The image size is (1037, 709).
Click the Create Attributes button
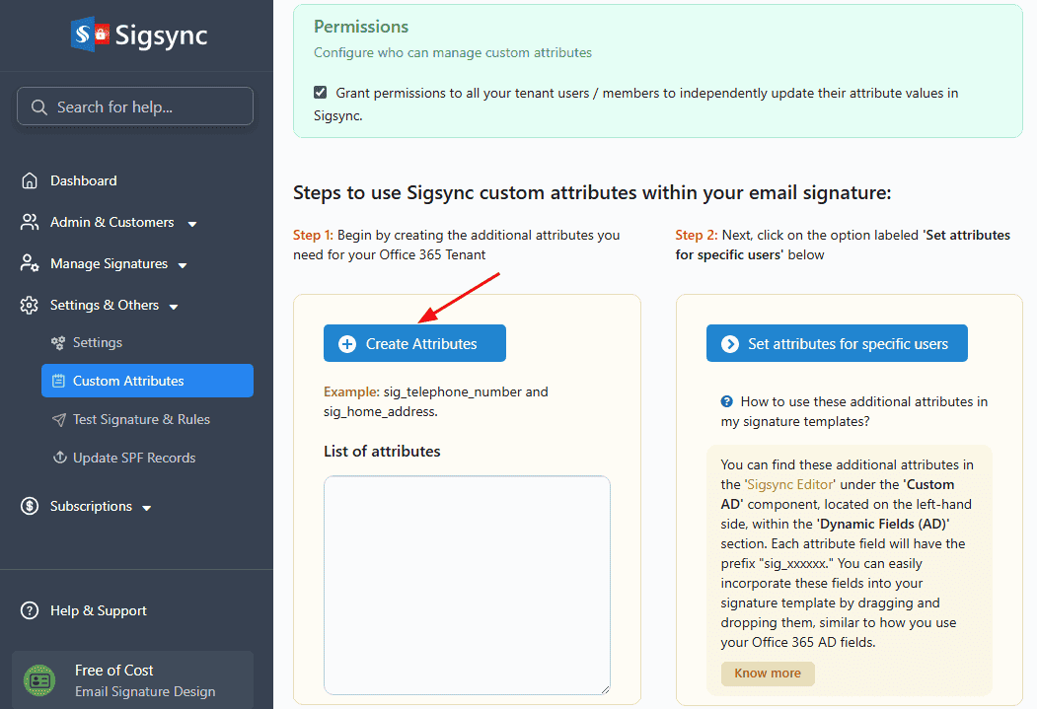pyautogui.click(x=414, y=343)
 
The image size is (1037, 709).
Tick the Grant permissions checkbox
pyautogui.click(x=320, y=93)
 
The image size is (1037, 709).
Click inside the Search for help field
pyautogui.click(x=135, y=106)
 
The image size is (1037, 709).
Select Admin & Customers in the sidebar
pyautogui.click(x=109, y=223)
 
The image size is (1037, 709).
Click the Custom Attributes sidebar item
pyautogui.click(x=147, y=381)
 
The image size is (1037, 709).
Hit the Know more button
pyautogui.click(x=768, y=674)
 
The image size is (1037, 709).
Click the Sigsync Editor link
pyautogui.click(x=790, y=484)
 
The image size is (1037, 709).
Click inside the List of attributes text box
pyautogui.click(x=467, y=585)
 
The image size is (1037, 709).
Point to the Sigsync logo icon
pyautogui.click(x=90, y=34)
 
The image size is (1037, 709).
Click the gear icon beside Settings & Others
pyautogui.click(x=29, y=306)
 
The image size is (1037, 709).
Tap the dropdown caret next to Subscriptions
pyautogui.click(x=147, y=508)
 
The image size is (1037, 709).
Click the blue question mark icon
pyautogui.click(x=727, y=401)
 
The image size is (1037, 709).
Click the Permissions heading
pyautogui.click(x=361, y=27)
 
